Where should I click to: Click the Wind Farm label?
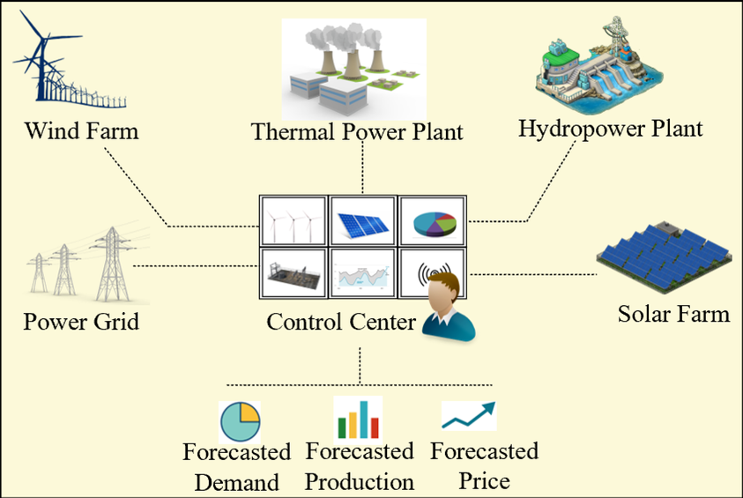pos(81,130)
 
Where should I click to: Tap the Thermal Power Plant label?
pos(357,131)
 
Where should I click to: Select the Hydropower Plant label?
pos(610,129)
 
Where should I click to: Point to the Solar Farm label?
pos(673,314)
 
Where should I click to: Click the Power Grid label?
pos(81,321)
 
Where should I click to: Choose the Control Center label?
pos(341,322)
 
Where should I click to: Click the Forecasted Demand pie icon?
pos(241,421)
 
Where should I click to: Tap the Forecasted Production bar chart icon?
pos(358,419)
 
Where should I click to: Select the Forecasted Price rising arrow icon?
pos(469,415)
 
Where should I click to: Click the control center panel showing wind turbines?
pos(293,221)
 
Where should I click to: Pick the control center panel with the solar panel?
pos(363,221)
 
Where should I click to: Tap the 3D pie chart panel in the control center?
pos(432,221)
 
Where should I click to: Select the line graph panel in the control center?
pos(363,273)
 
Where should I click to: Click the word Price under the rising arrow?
pos(484,481)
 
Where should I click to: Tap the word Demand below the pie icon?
pos(237,482)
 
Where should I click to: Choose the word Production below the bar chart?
pos(360,481)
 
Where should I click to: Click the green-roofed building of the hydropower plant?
pos(559,59)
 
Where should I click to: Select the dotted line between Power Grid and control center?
pos(197,266)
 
